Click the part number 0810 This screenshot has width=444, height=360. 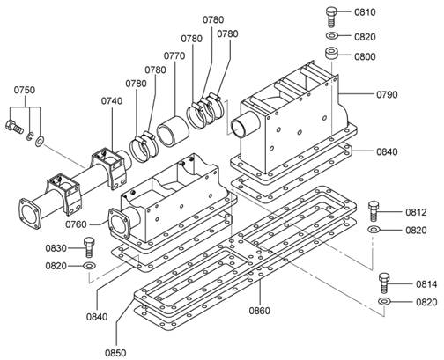[365, 12]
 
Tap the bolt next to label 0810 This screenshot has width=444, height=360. [331, 17]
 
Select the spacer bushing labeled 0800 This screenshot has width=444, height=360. [330, 54]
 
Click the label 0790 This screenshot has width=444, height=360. [387, 95]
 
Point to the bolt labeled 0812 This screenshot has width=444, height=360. [374, 211]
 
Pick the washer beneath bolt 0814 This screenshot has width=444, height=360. [384, 301]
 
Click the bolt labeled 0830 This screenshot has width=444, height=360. [89, 247]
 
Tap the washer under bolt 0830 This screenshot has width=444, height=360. [89, 266]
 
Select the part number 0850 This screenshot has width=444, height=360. [115, 353]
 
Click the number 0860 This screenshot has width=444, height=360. [260, 311]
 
